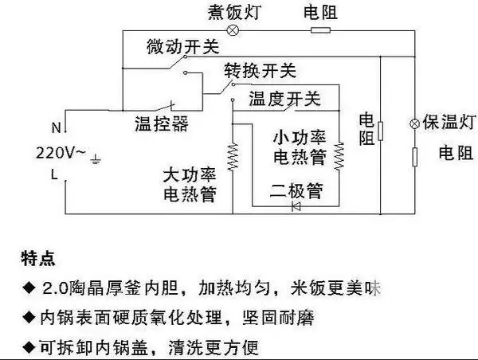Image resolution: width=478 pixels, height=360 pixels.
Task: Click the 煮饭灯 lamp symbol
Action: tap(233, 30)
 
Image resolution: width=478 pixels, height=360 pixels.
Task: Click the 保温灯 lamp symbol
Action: tap(414, 123)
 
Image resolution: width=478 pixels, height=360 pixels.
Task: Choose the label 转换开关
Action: tap(259, 72)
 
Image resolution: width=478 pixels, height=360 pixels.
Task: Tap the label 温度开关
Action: tap(285, 100)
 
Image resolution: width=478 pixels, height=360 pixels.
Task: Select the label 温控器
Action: tap(161, 124)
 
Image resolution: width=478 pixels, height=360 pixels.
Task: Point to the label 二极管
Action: tap(295, 190)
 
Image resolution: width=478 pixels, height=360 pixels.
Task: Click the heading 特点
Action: tap(38, 260)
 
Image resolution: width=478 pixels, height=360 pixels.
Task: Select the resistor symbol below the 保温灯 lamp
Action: tap(414, 155)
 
